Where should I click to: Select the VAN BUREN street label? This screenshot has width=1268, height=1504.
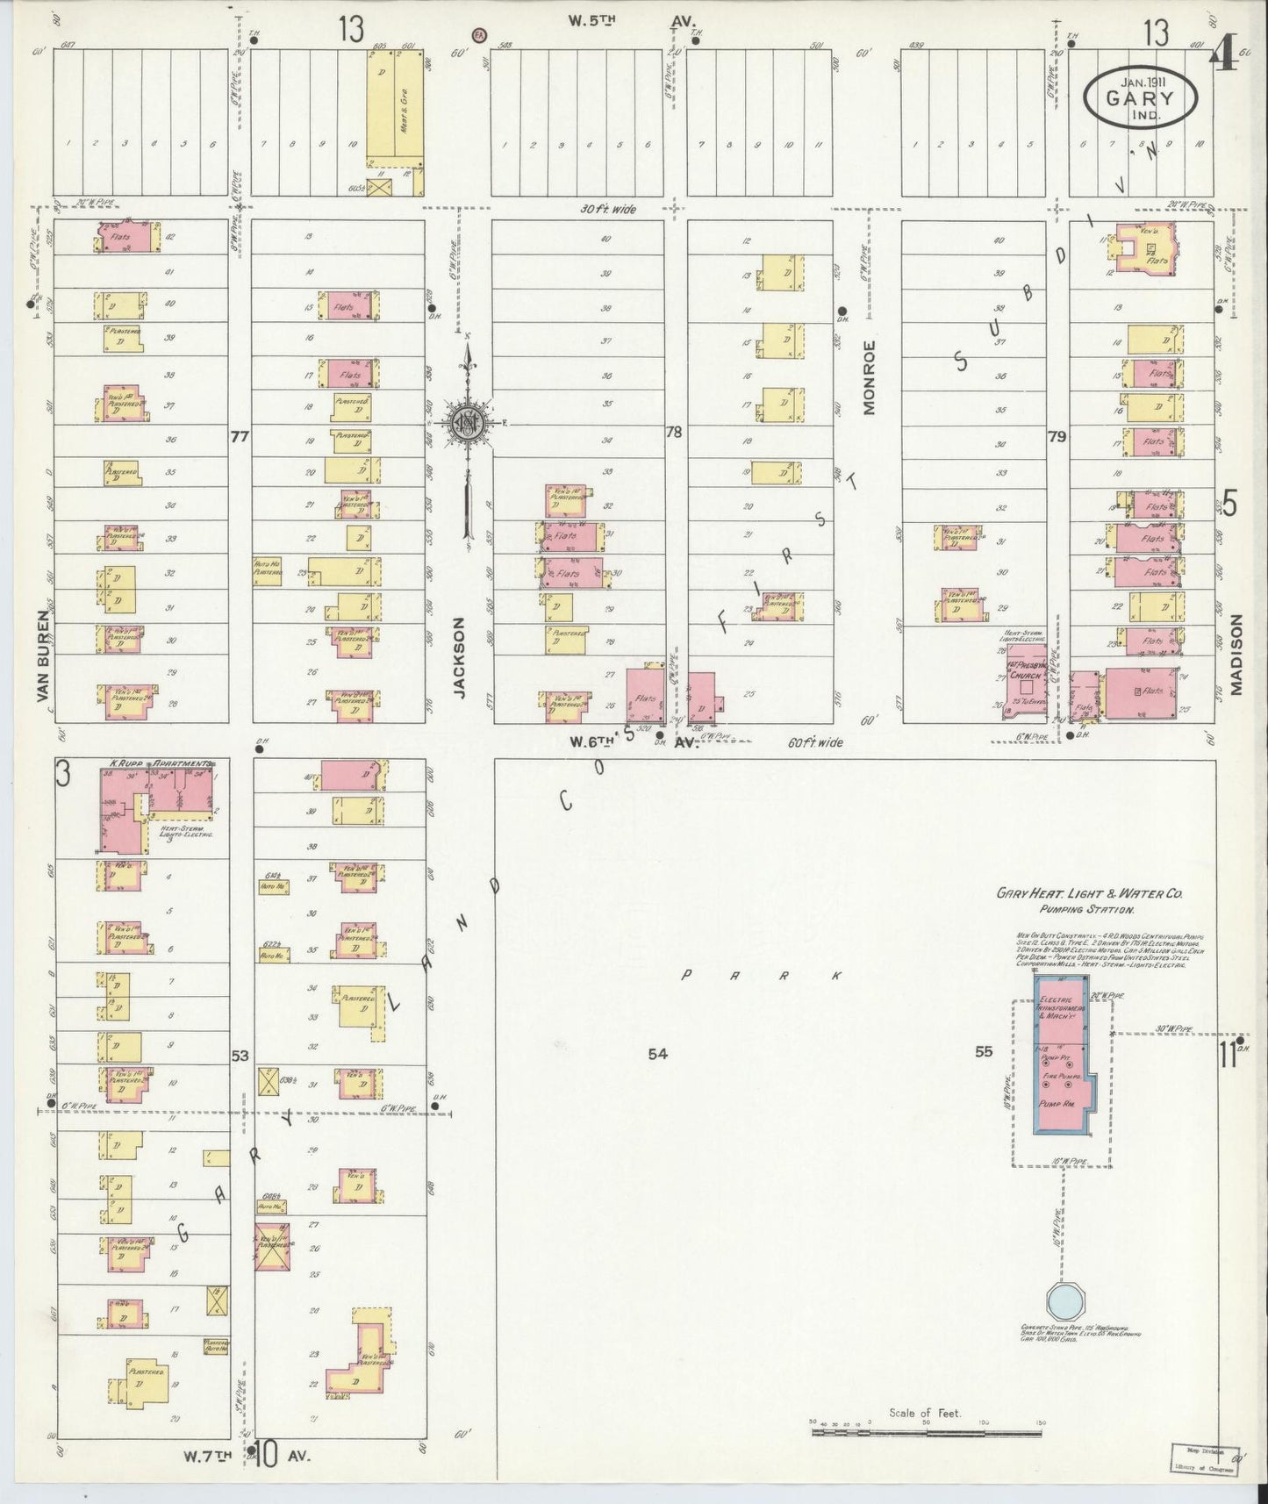[x=43, y=655]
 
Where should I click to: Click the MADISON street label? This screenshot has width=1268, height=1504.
[x=1237, y=655]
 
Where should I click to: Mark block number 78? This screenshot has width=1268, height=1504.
[x=674, y=432]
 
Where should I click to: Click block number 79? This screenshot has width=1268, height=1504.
[x=1057, y=436]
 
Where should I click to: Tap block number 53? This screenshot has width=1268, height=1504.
[x=240, y=1056]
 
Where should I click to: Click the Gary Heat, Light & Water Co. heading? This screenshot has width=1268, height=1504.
[x=1090, y=893]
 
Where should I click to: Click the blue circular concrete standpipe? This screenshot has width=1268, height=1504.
[x=1068, y=1297]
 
